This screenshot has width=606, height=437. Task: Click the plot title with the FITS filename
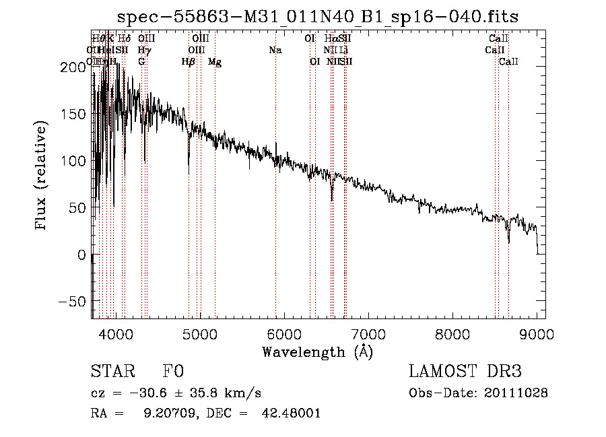(318, 17)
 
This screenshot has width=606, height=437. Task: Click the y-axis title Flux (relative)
(42, 176)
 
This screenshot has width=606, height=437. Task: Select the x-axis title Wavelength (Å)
(317, 351)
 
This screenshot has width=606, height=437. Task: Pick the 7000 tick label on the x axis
(368, 333)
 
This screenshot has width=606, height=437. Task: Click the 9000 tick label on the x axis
(537, 333)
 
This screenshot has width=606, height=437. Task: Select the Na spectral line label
(275, 51)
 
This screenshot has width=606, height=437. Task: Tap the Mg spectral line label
(215, 62)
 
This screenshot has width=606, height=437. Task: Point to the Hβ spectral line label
(189, 62)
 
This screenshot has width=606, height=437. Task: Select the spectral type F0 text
(173, 372)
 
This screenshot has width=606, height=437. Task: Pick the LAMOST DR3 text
(465, 372)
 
